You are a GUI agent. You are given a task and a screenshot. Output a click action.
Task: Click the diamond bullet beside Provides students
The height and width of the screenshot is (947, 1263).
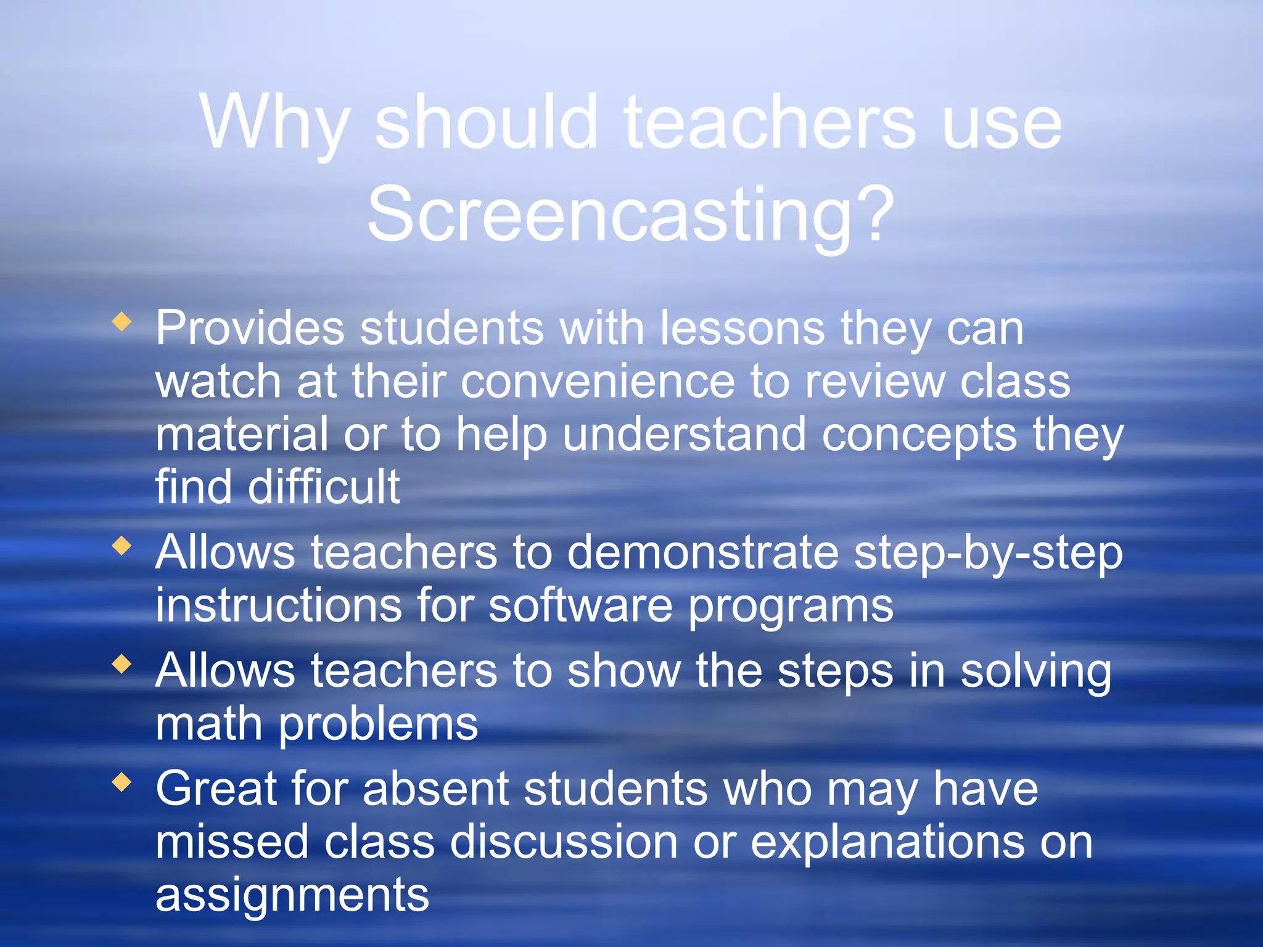[x=122, y=321]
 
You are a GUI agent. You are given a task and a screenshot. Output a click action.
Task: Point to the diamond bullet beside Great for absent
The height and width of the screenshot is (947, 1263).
[x=122, y=782]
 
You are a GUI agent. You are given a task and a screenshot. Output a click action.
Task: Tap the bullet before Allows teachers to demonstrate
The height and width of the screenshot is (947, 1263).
[x=122, y=546]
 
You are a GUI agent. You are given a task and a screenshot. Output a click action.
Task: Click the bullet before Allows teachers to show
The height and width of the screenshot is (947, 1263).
[x=122, y=664]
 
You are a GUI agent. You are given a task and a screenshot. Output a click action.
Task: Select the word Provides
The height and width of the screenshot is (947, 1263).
[x=250, y=328]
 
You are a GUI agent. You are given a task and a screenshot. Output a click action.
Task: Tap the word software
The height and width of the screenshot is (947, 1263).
[x=580, y=605]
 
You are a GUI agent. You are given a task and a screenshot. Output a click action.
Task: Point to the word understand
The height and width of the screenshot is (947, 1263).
[x=684, y=435]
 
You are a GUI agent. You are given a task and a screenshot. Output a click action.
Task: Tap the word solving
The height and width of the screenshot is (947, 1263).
[x=1036, y=672]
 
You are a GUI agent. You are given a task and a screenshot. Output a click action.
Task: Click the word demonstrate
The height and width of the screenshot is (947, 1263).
[x=702, y=552]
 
